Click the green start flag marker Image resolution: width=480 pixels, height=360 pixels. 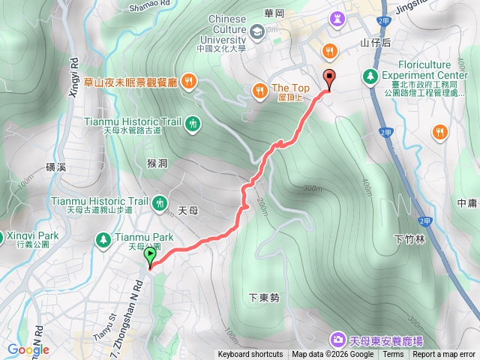point(151,257)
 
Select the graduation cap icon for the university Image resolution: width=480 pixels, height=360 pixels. point(257,31)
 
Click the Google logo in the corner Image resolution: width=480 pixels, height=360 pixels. point(28,349)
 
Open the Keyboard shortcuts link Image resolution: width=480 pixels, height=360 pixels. point(250,355)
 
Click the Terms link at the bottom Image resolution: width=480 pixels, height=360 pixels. point(393,355)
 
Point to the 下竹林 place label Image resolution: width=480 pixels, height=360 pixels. point(409,239)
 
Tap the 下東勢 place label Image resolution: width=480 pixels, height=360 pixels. point(264,298)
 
